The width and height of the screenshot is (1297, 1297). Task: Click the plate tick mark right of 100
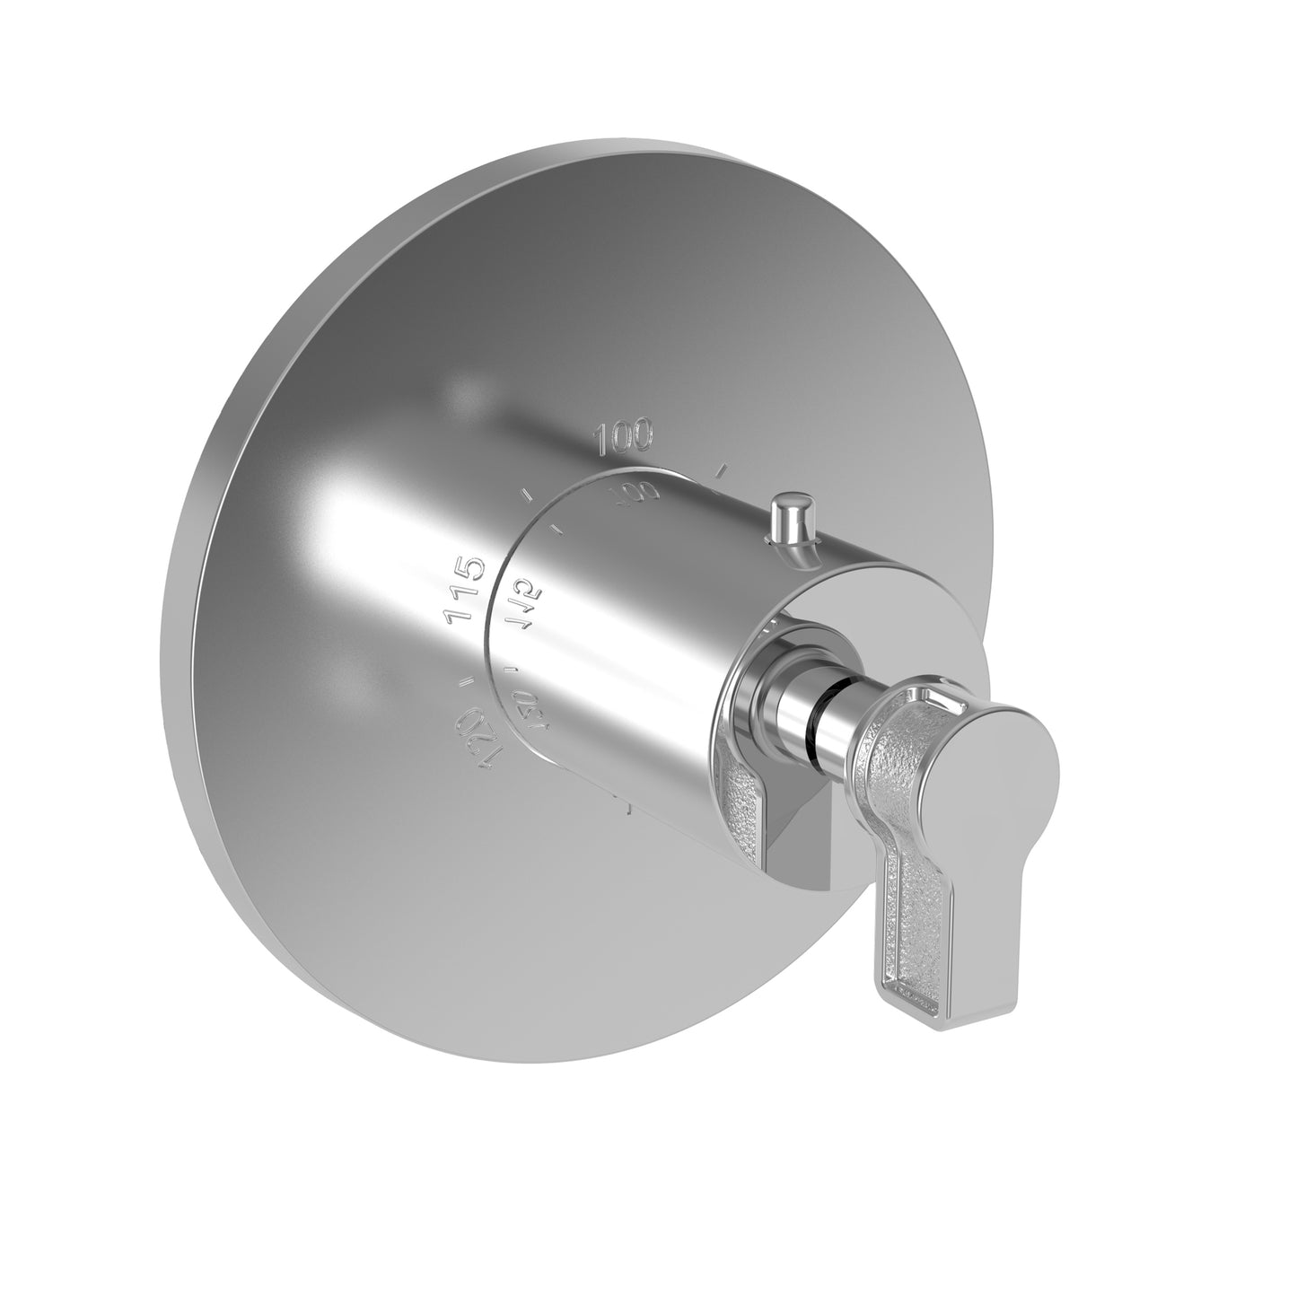pos(720,468)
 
